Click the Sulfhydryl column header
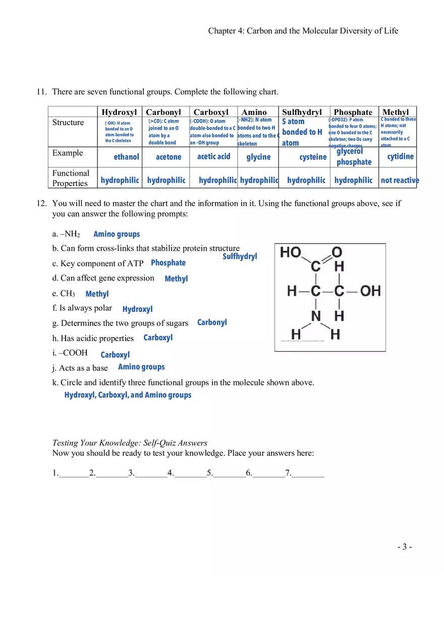pyautogui.click(x=301, y=112)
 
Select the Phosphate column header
pyautogui.click(x=353, y=112)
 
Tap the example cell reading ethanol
pyautogui.click(x=126, y=157)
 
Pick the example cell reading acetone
pyautogui.click(x=169, y=157)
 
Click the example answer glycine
pyautogui.click(x=258, y=157)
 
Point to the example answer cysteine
pyautogui.click(x=313, y=157)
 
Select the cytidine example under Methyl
pyautogui.click(x=400, y=156)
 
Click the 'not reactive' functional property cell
pyautogui.click(x=400, y=180)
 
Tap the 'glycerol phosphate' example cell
pyautogui.click(x=354, y=156)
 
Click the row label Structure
pyautogui.click(x=68, y=123)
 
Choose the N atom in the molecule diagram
pyautogui.click(x=316, y=316)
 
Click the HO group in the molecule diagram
pyautogui.click(x=291, y=252)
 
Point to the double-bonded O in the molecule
pyautogui.click(x=337, y=252)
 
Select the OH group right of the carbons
pyautogui.click(x=370, y=291)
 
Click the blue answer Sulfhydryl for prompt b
pyautogui.click(x=240, y=256)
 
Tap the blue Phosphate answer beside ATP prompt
pyautogui.click(x=168, y=263)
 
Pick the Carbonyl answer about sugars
pyautogui.click(x=212, y=322)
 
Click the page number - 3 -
pyautogui.click(x=405, y=547)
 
